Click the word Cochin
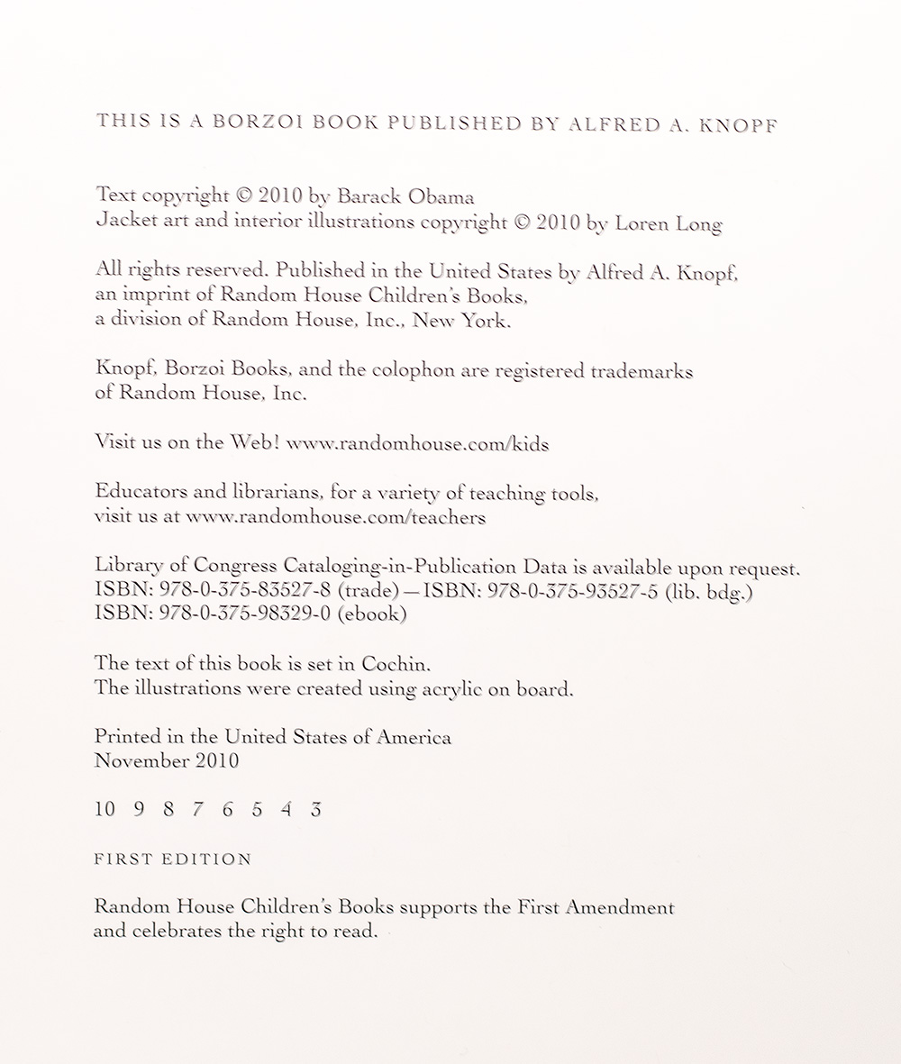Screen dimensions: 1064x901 (390, 664)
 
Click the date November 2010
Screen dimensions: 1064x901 (167, 760)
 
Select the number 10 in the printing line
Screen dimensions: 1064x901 (105, 809)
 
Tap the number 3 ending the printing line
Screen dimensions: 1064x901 (315, 809)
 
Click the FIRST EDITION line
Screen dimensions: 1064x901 (173, 859)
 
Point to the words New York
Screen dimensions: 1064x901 (460, 321)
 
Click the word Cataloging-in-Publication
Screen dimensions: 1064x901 (400, 568)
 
